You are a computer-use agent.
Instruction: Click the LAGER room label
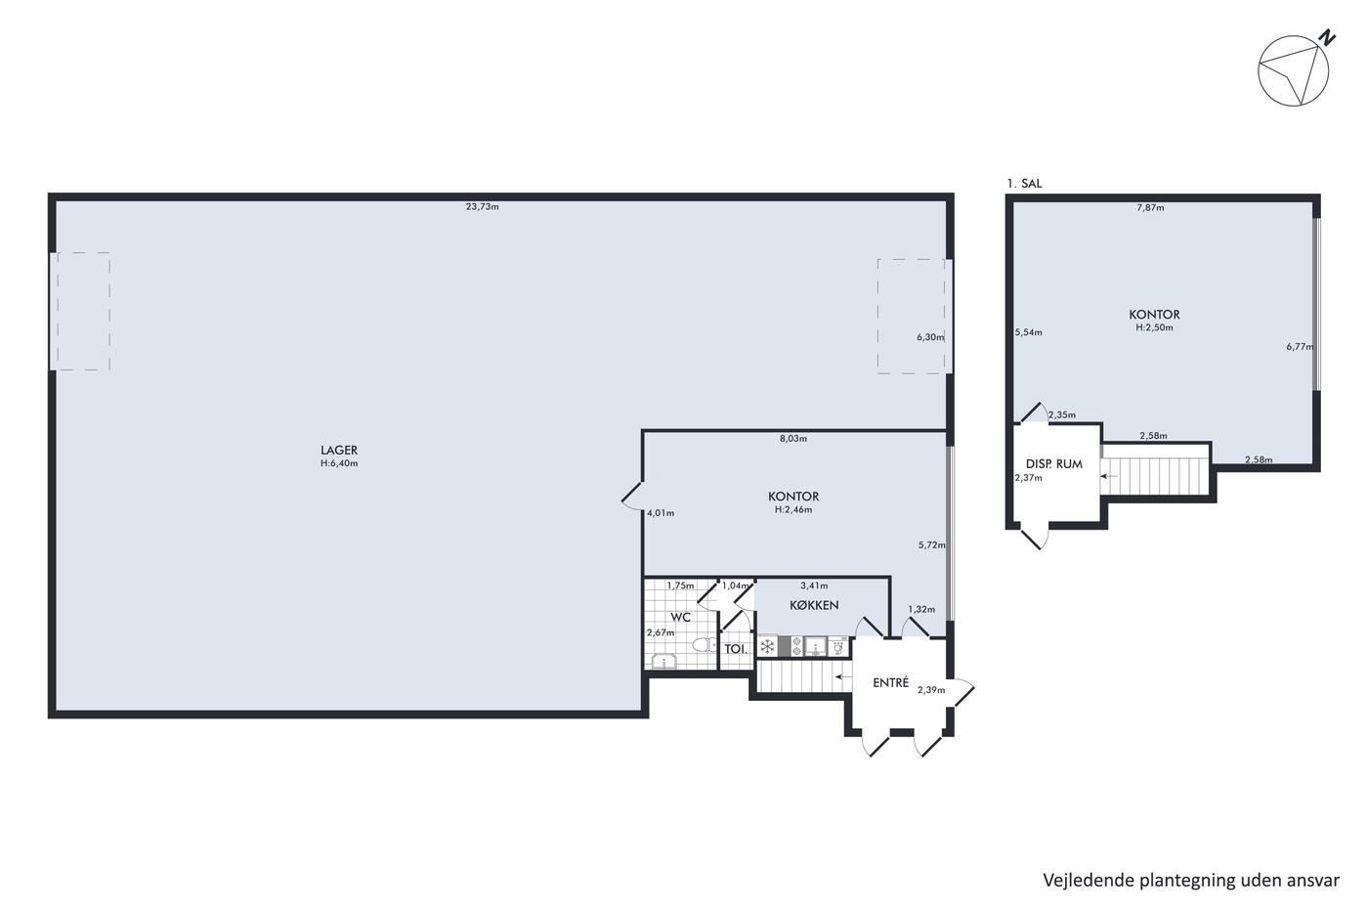coord(339,451)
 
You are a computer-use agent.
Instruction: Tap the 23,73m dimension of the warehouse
coord(483,206)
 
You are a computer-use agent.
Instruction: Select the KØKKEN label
coord(814,605)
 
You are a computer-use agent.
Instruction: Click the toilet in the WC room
coord(705,644)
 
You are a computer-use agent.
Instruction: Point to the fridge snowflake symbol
coord(768,646)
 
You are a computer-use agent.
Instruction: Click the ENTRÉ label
coord(891,682)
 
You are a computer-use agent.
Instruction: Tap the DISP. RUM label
coord(1054,463)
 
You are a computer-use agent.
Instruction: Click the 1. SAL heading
coord(1025,183)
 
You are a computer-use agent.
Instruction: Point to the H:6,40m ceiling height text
coord(339,463)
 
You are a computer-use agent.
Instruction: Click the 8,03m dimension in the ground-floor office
coord(793,438)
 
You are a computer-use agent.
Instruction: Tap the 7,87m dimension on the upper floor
coord(1150,207)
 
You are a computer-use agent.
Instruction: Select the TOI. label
coord(735,649)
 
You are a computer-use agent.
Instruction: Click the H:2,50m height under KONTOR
coord(1154,327)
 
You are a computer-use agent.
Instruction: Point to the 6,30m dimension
coord(930,336)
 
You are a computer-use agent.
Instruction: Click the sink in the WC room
coord(663,662)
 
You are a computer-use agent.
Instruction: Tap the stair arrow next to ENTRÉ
coord(843,676)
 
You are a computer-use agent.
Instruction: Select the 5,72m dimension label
coord(932,544)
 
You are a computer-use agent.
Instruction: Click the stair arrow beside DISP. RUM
coord(1109,476)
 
